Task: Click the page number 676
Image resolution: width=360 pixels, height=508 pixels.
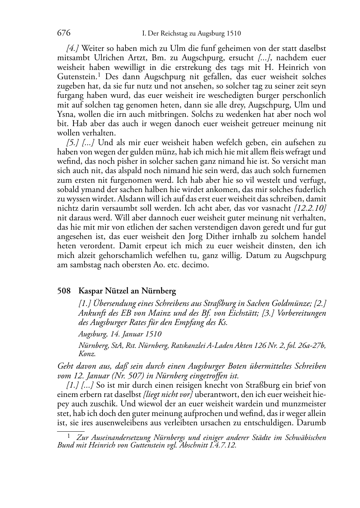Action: [63, 33]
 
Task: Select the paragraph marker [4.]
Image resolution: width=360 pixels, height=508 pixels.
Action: [72, 48]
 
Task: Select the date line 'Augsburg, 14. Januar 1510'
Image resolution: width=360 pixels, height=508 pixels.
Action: [120, 334]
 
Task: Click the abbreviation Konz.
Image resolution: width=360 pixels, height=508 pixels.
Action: [87, 354]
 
